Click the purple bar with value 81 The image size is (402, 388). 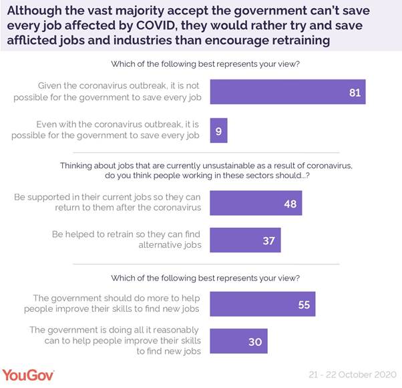tap(288, 92)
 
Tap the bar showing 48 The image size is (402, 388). tap(256, 203)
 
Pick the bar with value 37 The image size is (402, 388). tap(246, 240)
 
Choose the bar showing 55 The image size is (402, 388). tap(262, 304)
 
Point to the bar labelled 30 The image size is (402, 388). tap(238, 341)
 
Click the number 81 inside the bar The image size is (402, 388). tap(354, 92)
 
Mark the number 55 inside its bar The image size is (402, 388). tap(304, 304)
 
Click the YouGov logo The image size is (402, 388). tap(29, 375)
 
